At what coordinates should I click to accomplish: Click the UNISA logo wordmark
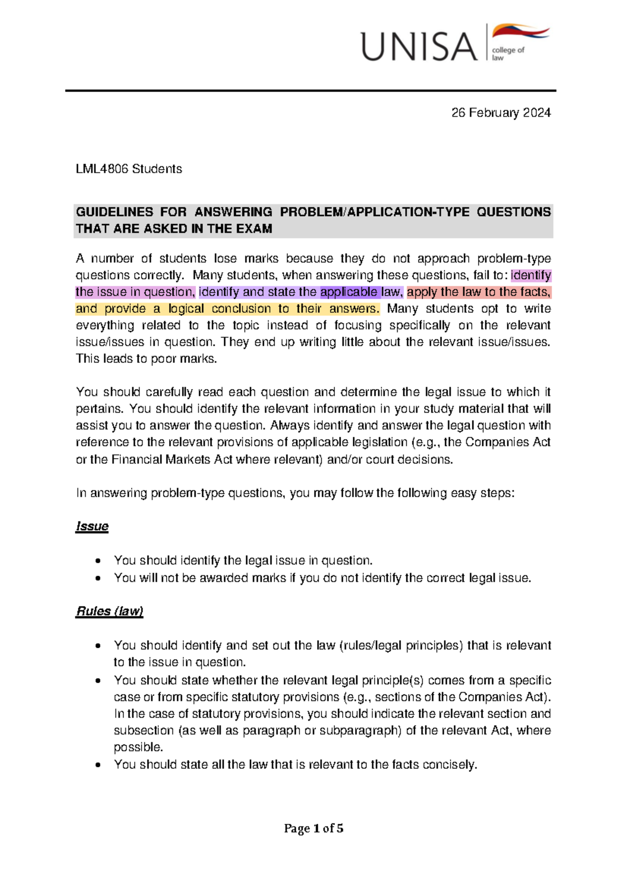(419, 46)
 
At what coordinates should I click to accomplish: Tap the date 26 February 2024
(501, 113)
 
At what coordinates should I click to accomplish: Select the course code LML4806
(102, 169)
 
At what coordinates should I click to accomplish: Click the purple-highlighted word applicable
(349, 292)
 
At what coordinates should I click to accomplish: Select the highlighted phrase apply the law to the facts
(479, 292)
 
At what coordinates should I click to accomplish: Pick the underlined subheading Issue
(92, 526)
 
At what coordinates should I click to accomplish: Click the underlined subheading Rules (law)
(110, 611)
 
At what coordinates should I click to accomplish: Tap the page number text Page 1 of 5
(313, 828)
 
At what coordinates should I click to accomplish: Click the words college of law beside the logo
(507, 53)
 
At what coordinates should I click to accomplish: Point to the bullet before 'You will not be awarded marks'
(98, 578)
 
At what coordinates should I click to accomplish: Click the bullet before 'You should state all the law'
(98, 765)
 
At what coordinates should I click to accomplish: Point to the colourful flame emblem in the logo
(520, 32)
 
